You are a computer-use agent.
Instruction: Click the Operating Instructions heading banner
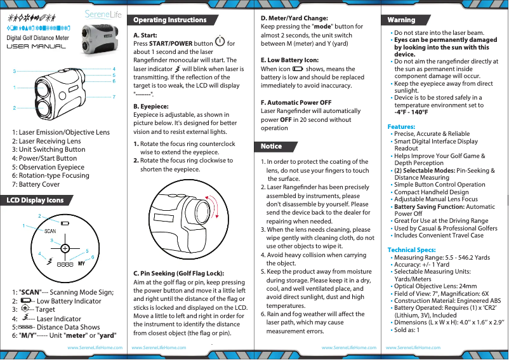point(168,20)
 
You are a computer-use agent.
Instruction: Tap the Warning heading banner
point(401,20)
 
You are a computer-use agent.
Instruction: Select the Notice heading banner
point(271,147)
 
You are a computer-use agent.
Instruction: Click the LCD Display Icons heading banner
point(35,201)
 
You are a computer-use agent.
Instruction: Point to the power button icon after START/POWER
point(219,43)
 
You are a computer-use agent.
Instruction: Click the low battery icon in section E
point(298,68)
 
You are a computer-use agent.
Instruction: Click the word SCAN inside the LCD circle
point(51,232)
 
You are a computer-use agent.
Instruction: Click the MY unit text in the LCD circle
point(82,263)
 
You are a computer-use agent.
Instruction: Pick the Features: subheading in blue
point(401,127)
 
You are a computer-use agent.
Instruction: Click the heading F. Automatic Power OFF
point(296,102)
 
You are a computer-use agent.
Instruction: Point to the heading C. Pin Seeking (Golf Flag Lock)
point(178,273)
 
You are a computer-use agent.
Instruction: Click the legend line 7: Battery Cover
point(36,184)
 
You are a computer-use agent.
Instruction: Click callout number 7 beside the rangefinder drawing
point(114,96)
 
